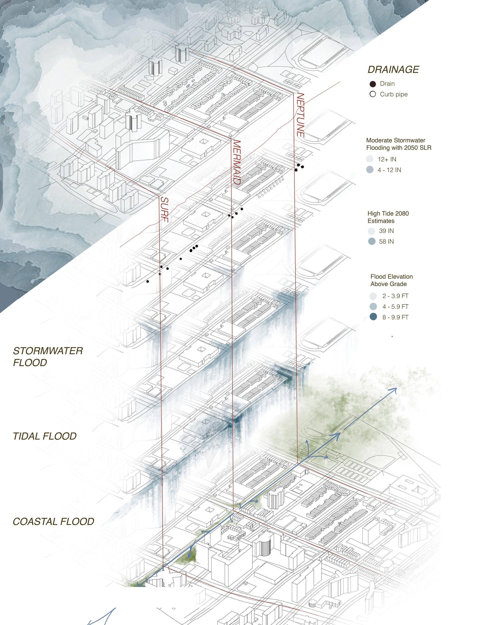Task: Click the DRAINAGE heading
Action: tap(393, 70)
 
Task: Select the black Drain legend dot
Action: tap(373, 84)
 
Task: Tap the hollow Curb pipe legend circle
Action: tap(372, 94)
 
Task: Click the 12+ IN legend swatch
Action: tap(370, 159)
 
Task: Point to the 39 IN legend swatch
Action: tap(371, 231)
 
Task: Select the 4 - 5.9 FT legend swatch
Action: tap(373, 306)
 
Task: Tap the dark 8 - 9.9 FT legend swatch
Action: tap(373, 317)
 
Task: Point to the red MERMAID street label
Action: tap(236, 162)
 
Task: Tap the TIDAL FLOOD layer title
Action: tap(45, 436)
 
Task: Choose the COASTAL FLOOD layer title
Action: tap(54, 521)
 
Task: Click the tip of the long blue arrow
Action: tap(396, 389)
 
